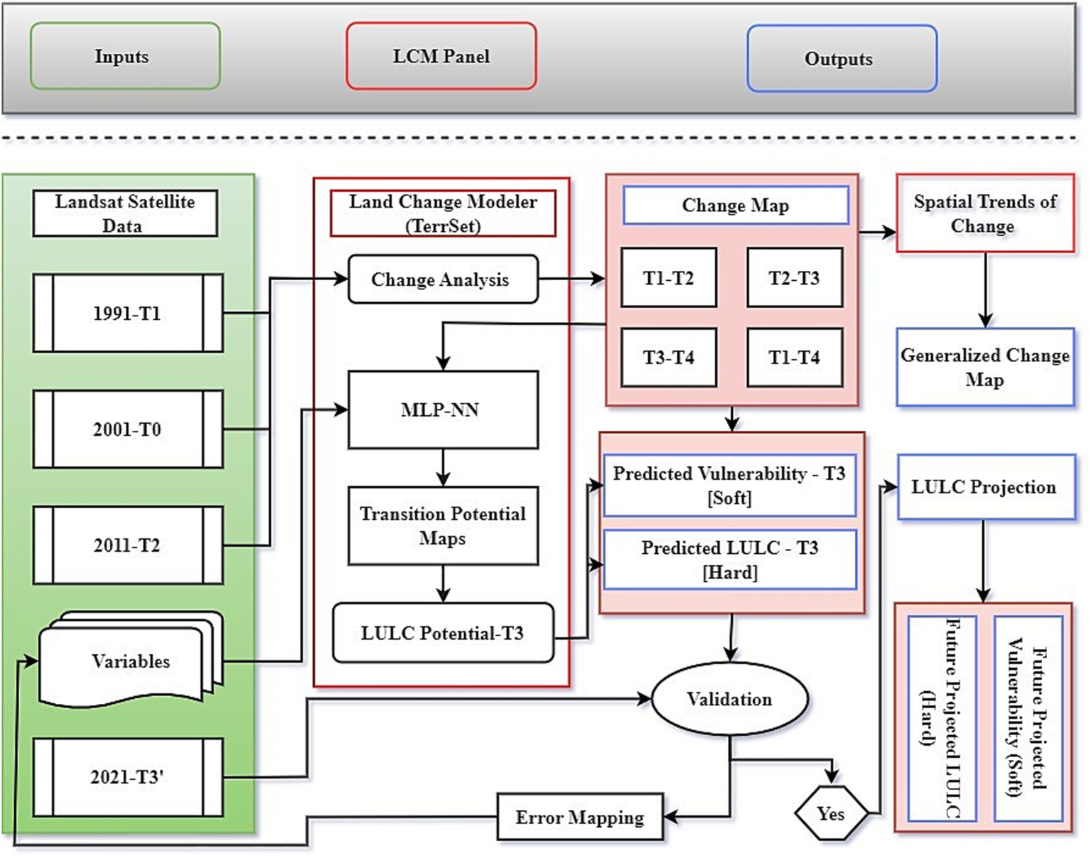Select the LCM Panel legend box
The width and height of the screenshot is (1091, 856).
click(x=441, y=56)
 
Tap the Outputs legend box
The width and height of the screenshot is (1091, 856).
click(x=842, y=58)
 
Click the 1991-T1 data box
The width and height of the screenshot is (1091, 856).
click(x=128, y=314)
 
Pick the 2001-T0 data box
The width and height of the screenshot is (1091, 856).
click(x=128, y=429)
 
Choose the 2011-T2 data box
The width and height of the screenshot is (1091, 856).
click(x=128, y=545)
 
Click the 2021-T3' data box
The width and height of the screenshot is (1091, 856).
click(x=128, y=776)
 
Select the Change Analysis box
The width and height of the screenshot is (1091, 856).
click(x=442, y=279)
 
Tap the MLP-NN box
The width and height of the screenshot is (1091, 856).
click(x=442, y=410)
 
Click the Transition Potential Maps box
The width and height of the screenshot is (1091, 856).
click(x=442, y=525)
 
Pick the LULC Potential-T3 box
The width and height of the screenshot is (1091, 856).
click(x=442, y=633)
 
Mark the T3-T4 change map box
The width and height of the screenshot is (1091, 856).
click(x=668, y=357)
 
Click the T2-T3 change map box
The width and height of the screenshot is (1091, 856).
click(x=794, y=277)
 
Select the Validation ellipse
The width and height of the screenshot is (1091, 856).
click(x=729, y=700)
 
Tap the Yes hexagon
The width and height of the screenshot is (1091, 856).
click(x=830, y=813)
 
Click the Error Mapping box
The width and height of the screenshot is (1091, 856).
click(x=580, y=818)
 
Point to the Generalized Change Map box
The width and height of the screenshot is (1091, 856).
click(x=984, y=367)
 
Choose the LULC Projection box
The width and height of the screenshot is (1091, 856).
click(x=984, y=487)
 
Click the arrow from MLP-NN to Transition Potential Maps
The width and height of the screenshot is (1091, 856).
click(x=443, y=467)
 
